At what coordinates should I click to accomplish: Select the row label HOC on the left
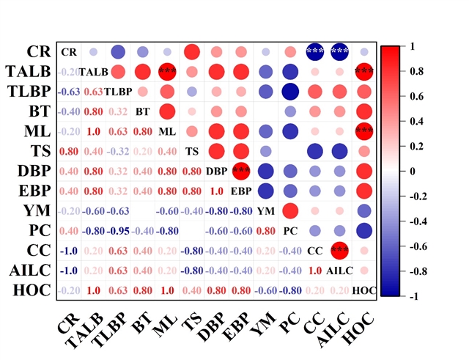coord(32,291)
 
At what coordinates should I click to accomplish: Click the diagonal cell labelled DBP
coord(216,171)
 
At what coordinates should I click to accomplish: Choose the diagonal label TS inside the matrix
coord(192,151)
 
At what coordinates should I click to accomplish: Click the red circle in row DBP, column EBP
coord(241,171)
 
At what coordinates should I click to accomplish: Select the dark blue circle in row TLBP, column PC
coord(290,92)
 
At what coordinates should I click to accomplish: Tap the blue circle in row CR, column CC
coord(315,52)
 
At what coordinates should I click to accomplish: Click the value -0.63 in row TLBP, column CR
coord(69,92)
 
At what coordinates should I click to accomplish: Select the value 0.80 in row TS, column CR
coord(69,151)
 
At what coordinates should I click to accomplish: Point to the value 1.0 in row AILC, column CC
coord(315,271)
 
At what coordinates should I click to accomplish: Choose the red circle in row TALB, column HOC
coord(364,72)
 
